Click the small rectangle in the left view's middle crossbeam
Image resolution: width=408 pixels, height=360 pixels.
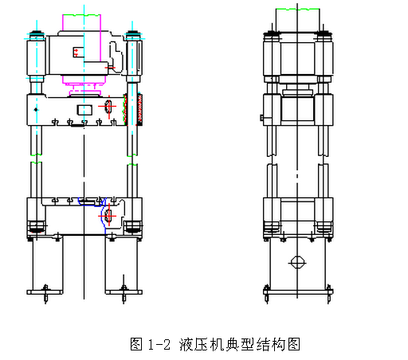[x=83, y=108]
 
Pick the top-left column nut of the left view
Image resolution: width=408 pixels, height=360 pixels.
[x=35, y=35]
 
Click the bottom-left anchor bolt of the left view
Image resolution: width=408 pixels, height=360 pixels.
[x=45, y=292]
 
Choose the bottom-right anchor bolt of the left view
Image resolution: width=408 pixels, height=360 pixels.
[x=123, y=292]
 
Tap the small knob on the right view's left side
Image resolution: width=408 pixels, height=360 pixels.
[x=261, y=119]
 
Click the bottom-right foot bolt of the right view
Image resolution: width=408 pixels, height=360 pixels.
[x=328, y=296]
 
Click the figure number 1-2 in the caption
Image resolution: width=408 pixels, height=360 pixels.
[x=161, y=345]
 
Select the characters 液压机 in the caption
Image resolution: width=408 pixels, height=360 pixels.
[x=198, y=345]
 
